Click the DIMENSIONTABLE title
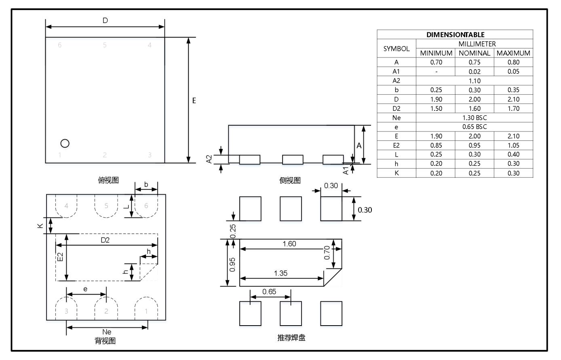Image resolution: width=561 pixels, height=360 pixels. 456,35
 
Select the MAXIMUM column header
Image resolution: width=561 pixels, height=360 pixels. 513,53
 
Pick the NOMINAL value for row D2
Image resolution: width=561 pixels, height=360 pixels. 475,108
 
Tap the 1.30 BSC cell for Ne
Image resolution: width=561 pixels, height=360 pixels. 475,118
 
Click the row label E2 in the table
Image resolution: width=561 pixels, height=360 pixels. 396,145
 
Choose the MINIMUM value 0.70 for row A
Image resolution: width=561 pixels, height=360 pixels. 436,62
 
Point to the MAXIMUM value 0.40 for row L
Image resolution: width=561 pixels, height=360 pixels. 513,155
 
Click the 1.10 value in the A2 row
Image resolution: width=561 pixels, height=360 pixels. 475,81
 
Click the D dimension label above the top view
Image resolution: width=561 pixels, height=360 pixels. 105,21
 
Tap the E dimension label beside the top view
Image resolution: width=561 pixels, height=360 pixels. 194,101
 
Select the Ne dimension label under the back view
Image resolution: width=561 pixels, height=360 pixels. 107,332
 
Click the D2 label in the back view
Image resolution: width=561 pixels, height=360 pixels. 105,240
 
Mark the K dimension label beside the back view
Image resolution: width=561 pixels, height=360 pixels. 40,226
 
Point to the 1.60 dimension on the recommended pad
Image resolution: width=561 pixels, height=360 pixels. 289,244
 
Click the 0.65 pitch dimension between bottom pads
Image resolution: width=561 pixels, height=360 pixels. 269,292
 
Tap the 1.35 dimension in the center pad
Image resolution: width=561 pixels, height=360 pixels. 280,273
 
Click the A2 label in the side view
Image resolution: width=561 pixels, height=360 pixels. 209,159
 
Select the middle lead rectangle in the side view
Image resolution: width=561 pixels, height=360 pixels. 293,160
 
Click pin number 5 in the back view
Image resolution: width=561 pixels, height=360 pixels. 106,206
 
